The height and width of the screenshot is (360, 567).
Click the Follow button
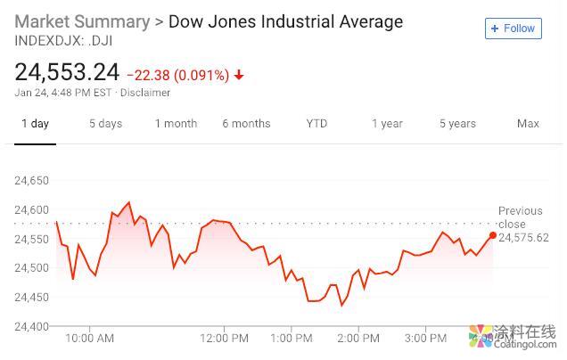point(513,29)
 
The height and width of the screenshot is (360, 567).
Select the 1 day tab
point(35,124)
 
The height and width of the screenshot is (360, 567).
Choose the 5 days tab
point(105,124)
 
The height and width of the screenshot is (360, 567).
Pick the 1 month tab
point(176,124)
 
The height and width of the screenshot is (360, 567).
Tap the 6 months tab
point(246,124)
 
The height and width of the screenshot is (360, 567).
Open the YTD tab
point(316,124)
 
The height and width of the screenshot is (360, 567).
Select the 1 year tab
point(387,124)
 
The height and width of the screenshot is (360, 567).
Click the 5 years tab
point(457,124)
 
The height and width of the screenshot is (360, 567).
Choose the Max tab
point(528,124)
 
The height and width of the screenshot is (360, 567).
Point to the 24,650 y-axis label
point(32,181)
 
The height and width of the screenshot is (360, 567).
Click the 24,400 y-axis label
point(32,327)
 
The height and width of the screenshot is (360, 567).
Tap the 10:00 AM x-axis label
point(90,339)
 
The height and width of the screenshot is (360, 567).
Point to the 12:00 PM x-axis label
point(225,339)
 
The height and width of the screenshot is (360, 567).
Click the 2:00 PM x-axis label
point(358,339)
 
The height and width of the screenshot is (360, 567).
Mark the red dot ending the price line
point(493,235)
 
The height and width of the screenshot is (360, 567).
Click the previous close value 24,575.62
point(523,238)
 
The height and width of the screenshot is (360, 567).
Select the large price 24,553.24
point(67,72)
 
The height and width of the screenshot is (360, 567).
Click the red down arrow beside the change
point(239,75)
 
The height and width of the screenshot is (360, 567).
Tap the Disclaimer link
point(145,93)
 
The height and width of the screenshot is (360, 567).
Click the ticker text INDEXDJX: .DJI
point(63,40)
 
